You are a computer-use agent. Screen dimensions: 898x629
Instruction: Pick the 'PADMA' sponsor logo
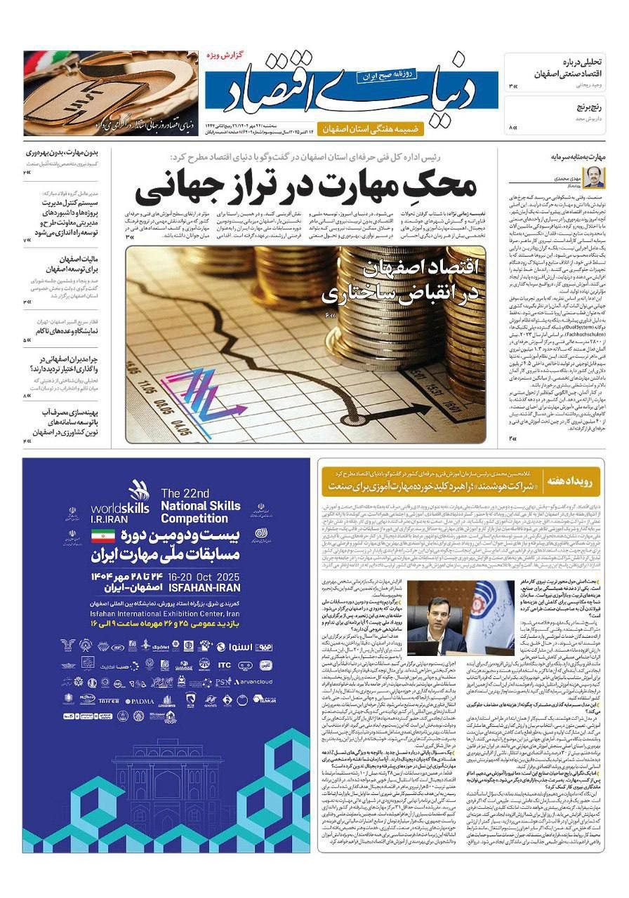(140, 701)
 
